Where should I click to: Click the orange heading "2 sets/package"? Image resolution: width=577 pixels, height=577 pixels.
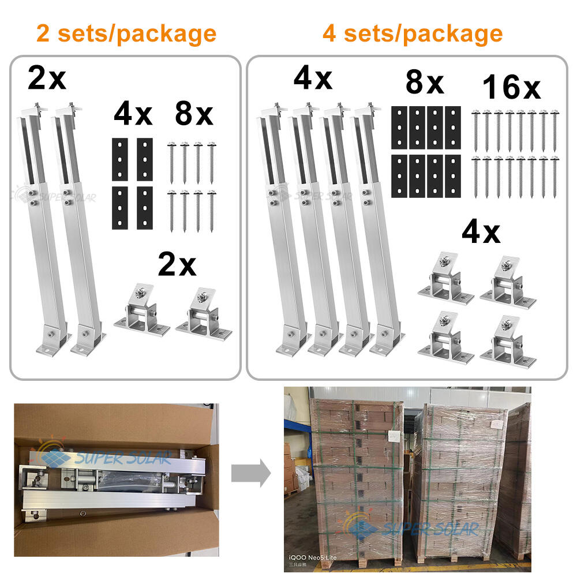pyautogui.click(x=126, y=33)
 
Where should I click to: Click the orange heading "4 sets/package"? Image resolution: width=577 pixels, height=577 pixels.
pyautogui.click(x=412, y=33)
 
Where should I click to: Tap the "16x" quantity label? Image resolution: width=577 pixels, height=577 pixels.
pyautogui.click(x=511, y=88)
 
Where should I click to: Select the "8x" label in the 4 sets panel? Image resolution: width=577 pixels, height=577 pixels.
pyautogui.click(x=424, y=83)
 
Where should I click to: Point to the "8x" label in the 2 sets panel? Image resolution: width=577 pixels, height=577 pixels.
pyautogui.click(x=194, y=114)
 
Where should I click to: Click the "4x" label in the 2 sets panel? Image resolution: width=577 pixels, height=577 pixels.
pyautogui.click(x=133, y=114)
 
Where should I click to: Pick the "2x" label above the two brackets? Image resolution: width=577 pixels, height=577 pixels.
pyautogui.click(x=177, y=265)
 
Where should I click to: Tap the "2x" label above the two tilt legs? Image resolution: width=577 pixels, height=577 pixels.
pyautogui.click(x=47, y=78)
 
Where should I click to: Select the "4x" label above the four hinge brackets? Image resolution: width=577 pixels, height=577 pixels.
pyautogui.click(x=481, y=233)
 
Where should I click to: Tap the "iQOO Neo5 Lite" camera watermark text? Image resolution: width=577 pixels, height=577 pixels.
pyautogui.click(x=313, y=557)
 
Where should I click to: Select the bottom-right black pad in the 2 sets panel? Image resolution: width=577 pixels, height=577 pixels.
pyautogui.click(x=145, y=207)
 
